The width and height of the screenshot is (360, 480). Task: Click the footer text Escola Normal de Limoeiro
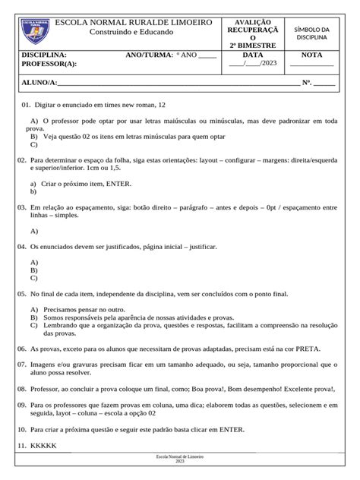(180, 456)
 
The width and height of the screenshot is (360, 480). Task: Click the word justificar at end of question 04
(202, 247)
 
